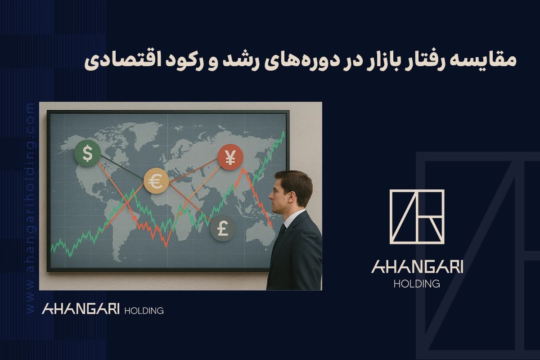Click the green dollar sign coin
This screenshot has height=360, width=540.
(x=87, y=153)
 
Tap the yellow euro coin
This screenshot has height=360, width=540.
(x=156, y=181)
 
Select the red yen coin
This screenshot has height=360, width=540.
(x=230, y=157)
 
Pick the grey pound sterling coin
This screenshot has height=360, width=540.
(x=223, y=228)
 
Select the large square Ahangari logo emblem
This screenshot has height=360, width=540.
(x=417, y=216)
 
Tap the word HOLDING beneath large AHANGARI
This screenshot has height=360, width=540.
(x=417, y=284)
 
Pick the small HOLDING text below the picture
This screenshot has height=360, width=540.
(x=143, y=310)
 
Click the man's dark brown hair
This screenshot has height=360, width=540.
(x=295, y=180)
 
